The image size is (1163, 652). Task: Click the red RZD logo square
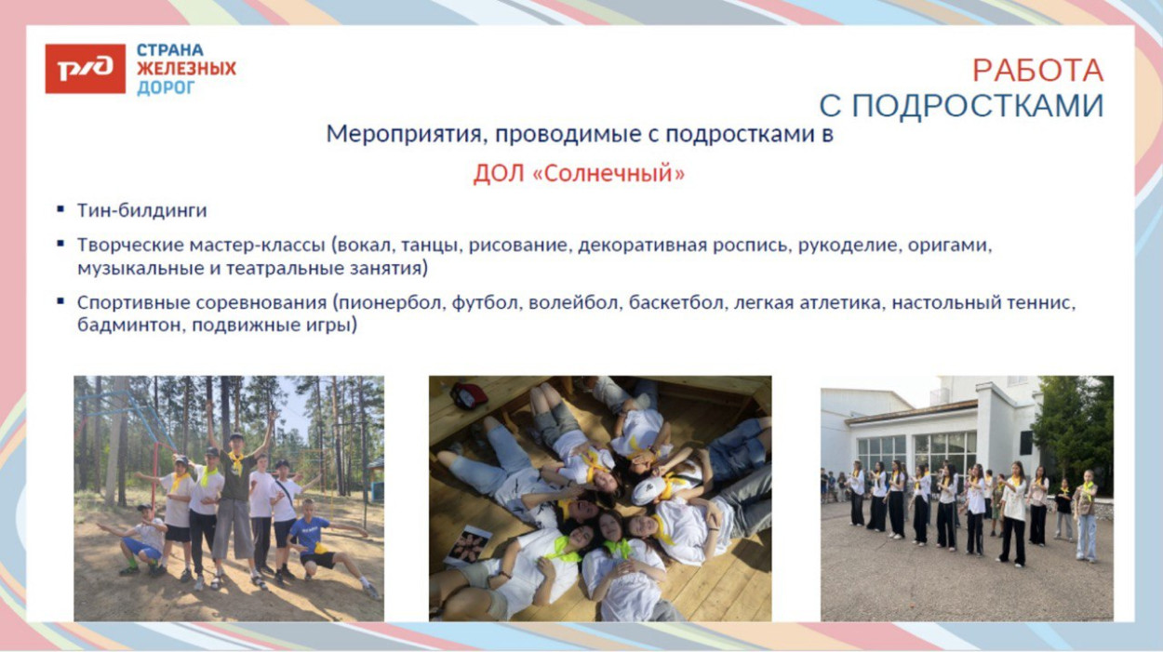(x=85, y=69)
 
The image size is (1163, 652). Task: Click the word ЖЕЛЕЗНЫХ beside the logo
(x=186, y=69)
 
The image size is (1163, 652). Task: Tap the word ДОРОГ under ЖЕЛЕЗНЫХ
(x=166, y=88)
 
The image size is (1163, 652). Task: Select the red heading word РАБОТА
(x=1037, y=71)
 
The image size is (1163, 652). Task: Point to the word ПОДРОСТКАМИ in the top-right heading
(x=977, y=106)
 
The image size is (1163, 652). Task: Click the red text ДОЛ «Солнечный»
(x=579, y=174)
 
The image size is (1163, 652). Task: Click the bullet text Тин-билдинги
(x=141, y=210)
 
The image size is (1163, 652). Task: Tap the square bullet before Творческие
(x=60, y=245)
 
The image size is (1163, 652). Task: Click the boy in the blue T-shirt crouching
(x=314, y=544)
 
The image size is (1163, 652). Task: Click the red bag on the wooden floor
(x=470, y=395)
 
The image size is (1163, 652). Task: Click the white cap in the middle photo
(x=649, y=489)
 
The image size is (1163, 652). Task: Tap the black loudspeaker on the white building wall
(x=1026, y=442)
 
